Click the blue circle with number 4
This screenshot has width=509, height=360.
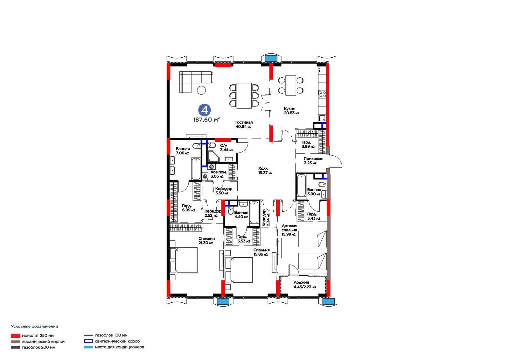pos(205,110)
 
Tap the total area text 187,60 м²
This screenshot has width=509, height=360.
pos(206,119)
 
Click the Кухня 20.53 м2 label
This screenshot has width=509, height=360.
pos(291,111)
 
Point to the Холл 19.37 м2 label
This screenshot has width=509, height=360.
pos(265,171)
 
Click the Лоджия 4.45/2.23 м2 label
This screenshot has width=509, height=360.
pos(305,285)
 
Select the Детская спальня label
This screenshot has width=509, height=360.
pos(289,228)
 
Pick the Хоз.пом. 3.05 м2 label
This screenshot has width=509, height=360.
pos(218,174)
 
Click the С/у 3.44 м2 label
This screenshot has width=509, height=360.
pos(227,148)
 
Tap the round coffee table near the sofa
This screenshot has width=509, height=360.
pos(201,90)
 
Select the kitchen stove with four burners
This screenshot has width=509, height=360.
pos(323,94)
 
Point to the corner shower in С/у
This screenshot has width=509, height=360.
pos(213,156)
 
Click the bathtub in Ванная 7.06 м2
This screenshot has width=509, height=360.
pos(196,169)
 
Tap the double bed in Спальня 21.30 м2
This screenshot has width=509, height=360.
pos(183,260)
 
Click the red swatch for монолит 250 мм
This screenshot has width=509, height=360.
pos(16,336)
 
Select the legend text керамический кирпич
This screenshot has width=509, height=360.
pos(44,342)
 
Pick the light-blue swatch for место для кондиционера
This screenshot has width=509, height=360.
pos(88,347)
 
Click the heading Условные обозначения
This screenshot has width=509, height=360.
pos(35,326)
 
